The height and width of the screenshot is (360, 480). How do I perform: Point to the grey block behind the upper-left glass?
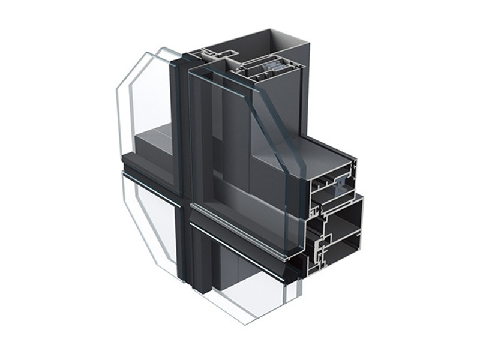(x=153, y=141)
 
